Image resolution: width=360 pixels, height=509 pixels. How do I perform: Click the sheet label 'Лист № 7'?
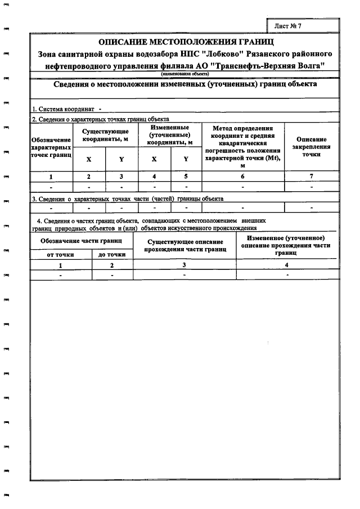pyautogui.click(x=291, y=26)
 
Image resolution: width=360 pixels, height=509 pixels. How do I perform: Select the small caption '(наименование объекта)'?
pyautogui.click(x=185, y=74)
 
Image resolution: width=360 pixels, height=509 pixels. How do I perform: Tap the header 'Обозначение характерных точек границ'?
pyautogui.click(x=51, y=147)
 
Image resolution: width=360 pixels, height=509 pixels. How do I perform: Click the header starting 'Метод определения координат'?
pyautogui.click(x=242, y=147)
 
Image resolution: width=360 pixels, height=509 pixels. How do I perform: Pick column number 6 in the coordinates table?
pyautogui.click(x=242, y=177)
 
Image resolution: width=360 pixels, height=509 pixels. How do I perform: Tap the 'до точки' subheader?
pyautogui.click(x=112, y=255)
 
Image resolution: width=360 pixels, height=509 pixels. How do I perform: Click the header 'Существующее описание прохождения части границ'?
pyautogui.click(x=184, y=245)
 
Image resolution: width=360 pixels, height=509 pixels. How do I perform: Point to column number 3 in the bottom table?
pyautogui.click(x=184, y=265)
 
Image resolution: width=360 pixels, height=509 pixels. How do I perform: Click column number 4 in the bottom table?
pyautogui.click(x=287, y=265)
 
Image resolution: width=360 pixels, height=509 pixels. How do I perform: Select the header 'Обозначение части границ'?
pyautogui.click(x=82, y=240)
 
